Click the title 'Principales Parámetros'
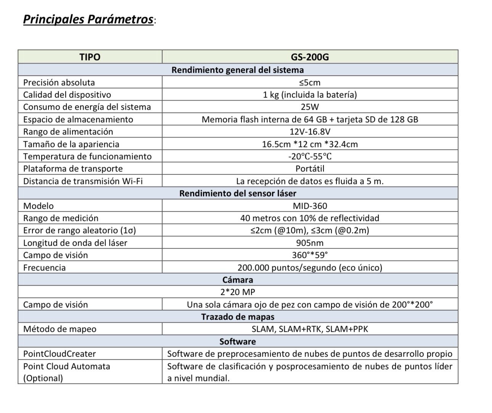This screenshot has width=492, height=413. pos(88,19)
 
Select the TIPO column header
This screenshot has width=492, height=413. pos(90,57)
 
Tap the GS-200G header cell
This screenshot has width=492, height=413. pos(310,57)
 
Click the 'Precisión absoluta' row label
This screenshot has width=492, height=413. pos(59,82)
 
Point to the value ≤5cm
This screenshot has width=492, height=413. pos(310,82)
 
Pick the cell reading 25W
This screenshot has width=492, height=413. pos(310,107)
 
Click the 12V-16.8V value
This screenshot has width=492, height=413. pos(310,132)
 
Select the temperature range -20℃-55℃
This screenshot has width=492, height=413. pos(310,157)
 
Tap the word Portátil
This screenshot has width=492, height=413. pos(310,169)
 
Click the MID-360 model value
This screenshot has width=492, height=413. pos(310,206)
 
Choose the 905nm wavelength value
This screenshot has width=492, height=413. pos(310,243)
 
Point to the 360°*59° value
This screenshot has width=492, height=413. pos(310,255)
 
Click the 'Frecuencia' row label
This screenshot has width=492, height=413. pos(44,268)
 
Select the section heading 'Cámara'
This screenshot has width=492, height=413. pos(238,280)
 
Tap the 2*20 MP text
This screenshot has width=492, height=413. pos(238,292)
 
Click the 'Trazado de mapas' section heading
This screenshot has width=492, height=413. pos(238,317)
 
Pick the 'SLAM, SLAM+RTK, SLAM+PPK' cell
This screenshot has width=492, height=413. pos(310,329)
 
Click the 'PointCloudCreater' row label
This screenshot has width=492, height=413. pos(59,354)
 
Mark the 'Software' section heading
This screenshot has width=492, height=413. pos(238,341)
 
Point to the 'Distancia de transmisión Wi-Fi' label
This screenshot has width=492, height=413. pos(83,181)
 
